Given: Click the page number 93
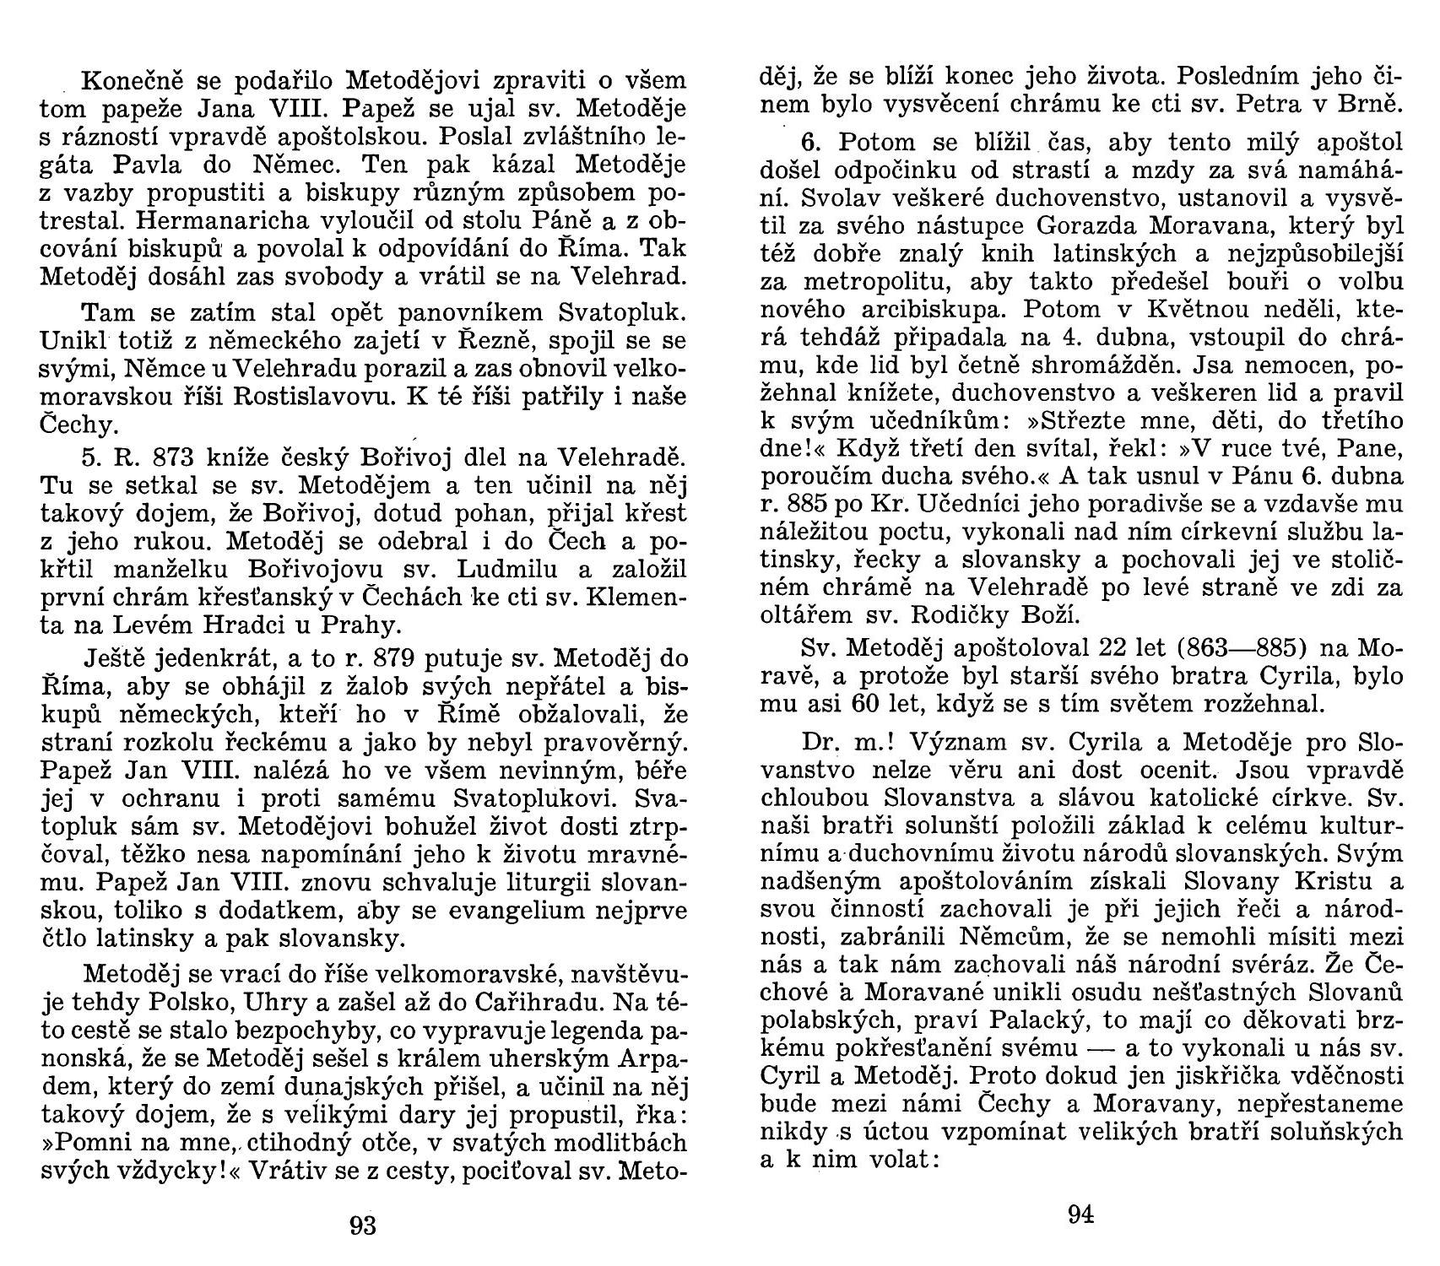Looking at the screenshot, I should (x=362, y=1225).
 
